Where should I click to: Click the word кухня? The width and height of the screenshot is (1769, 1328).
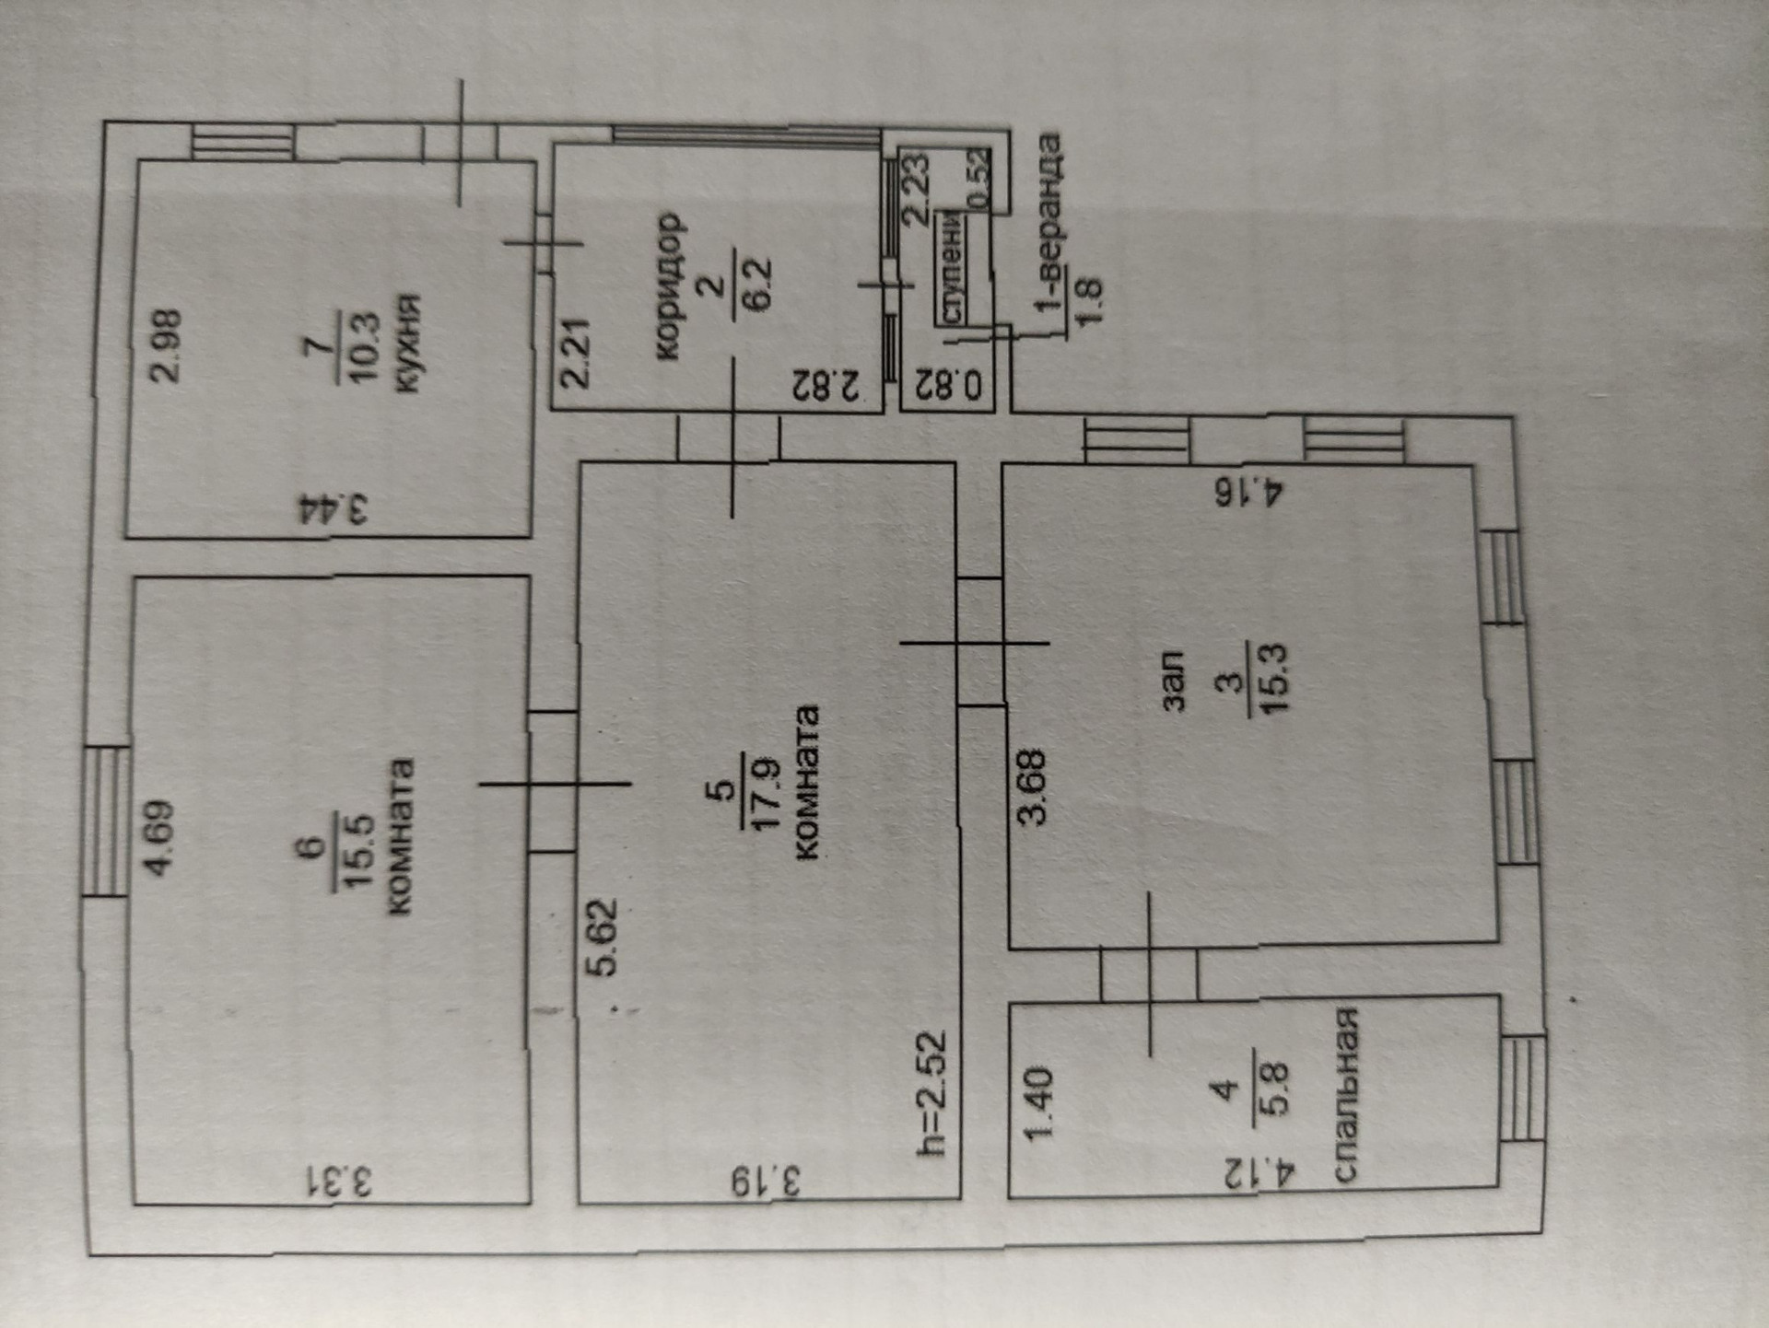[x=406, y=343]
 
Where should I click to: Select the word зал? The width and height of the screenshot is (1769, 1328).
[x=1172, y=681]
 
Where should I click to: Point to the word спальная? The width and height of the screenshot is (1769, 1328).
[x=1346, y=1094]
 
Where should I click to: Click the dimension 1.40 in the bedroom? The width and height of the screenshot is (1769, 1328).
[x=1038, y=1103]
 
